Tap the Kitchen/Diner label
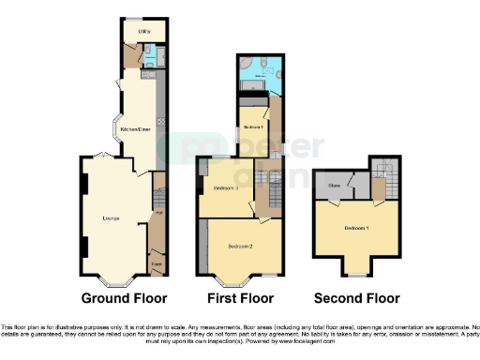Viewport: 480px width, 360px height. [136, 128]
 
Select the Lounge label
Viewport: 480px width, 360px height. [111, 218]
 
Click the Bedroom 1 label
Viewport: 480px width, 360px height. [354, 229]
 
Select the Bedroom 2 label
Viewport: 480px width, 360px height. [242, 247]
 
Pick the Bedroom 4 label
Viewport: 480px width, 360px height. [252, 127]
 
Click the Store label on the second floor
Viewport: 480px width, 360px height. [332, 187]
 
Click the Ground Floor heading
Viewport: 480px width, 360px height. [124, 299]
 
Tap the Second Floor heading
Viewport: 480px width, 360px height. [357, 299]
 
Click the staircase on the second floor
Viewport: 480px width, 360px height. [382, 172]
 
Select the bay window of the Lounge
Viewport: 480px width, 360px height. [117, 278]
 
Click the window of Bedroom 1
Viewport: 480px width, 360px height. [355, 274]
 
